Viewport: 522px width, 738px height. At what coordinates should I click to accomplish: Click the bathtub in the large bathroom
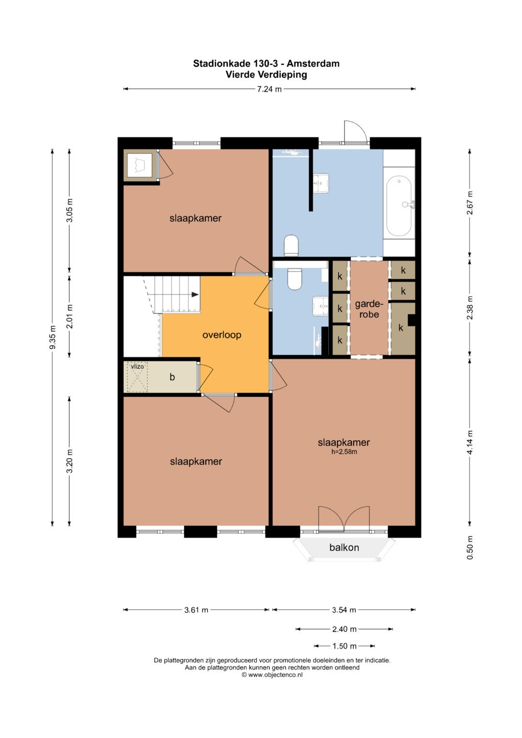click(399, 206)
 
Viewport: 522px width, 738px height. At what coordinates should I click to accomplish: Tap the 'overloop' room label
click(222, 335)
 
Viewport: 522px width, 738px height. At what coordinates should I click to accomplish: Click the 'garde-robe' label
click(369, 309)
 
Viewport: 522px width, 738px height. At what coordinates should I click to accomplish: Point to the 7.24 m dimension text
click(270, 89)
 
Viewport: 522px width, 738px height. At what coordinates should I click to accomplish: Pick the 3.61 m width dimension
click(196, 610)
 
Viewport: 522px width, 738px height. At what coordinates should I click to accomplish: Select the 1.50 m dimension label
click(344, 646)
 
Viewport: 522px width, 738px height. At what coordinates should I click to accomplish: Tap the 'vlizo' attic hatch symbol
click(137, 377)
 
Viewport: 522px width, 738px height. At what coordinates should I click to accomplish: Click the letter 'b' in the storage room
click(172, 377)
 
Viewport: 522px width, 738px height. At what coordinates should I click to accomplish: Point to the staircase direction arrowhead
click(195, 294)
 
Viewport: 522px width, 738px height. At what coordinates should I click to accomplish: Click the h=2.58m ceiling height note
click(344, 452)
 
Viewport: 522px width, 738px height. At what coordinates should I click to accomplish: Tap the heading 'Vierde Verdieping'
click(266, 74)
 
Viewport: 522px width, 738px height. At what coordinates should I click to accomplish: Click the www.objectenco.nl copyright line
click(272, 675)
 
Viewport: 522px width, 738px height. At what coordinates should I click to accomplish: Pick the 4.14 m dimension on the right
click(470, 443)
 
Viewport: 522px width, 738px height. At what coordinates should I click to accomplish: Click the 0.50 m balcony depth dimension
click(470, 547)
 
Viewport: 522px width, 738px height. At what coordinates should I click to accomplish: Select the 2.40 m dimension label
click(344, 629)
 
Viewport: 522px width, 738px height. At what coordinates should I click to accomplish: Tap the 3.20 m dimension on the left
click(70, 461)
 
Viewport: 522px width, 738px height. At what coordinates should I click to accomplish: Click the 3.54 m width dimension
click(344, 610)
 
